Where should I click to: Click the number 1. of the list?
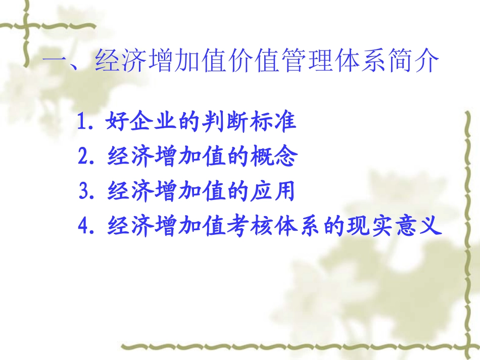(87, 123)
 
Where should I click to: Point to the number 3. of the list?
(87, 192)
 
